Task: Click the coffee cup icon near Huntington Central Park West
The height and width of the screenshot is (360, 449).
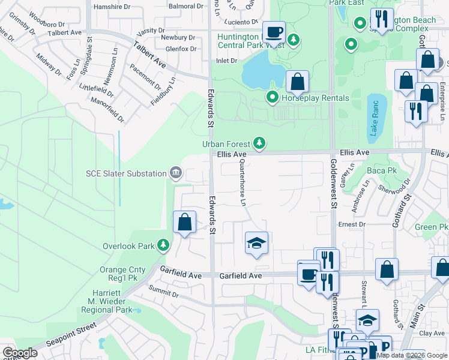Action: pyautogui.click(x=274, y=32)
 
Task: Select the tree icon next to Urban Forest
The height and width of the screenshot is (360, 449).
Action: pyautogui.click(x=259, y=143)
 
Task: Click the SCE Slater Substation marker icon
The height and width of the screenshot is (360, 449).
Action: pyautogui.click(x=175, y=173)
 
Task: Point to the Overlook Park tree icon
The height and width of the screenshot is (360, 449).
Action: pyautogui.click(x=162, y=245)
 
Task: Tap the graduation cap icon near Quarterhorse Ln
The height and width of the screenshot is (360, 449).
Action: pyautogui.click(x=256, y=243)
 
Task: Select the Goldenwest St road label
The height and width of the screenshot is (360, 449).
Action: pyautogui.click(x=333, y=184)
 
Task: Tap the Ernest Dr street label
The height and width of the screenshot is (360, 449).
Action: pyautogui.click(x=352, y=224)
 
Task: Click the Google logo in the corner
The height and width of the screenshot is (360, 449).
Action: pyautogui.click(x=20, y=353)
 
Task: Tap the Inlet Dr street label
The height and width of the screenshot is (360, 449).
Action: pyautogui.click(x=226, y=61)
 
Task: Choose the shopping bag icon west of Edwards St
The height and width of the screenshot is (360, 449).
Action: pyautogui.click(x=184, y=222)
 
